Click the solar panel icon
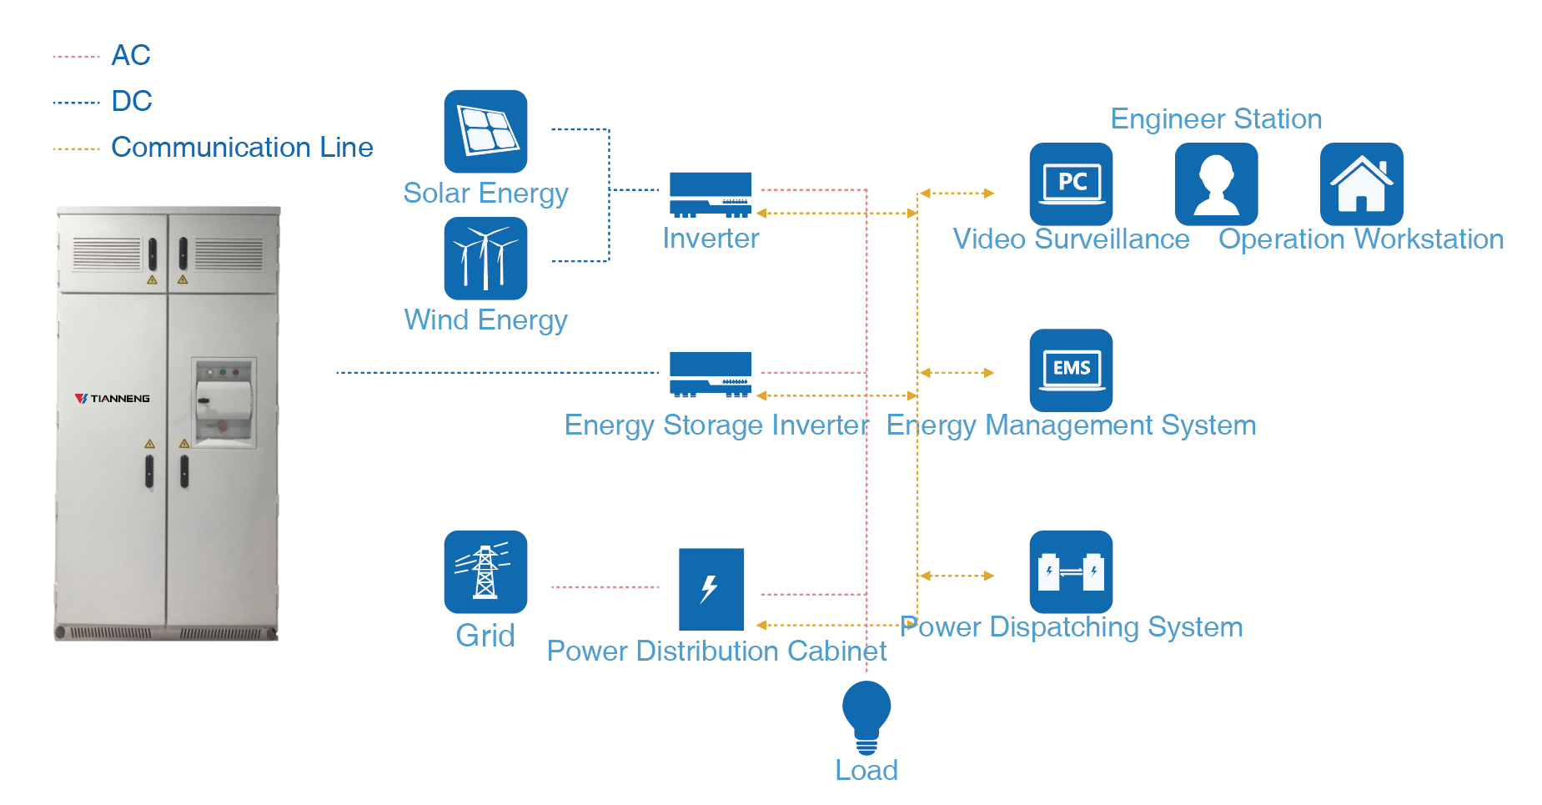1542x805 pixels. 485,131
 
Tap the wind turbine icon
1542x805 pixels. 485,258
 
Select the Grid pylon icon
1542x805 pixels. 485,571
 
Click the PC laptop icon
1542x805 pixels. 1071,184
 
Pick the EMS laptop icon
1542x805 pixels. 1071,370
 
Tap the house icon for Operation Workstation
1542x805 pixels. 1361,184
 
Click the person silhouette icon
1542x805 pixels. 1216,184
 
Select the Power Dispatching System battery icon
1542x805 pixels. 1071,571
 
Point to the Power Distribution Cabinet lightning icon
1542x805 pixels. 711,588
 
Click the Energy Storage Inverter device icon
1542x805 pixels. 711,374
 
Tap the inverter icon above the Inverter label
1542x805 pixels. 711,194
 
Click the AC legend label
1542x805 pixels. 131,55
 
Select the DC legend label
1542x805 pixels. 132,101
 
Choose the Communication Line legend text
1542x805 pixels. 242,147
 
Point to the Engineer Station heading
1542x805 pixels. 1216,118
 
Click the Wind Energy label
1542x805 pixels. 485,319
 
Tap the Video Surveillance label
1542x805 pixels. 1071,239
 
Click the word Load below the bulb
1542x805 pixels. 866,769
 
